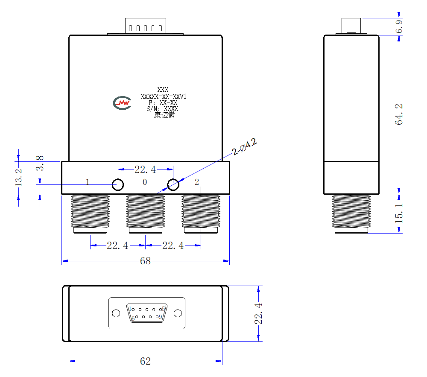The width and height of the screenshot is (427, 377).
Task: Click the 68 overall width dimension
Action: tap(146, 261)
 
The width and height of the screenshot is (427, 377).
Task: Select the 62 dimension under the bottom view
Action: tap(146, 361)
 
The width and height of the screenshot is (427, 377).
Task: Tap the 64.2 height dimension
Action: tap(399, 114)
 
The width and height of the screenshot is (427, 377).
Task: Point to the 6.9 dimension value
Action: tap(399, 26)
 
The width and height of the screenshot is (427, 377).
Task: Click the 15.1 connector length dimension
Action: tap(399, 213)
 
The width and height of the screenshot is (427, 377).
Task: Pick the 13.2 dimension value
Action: tap(18, 178)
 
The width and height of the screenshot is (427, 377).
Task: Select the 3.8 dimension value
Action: tap(40, 163)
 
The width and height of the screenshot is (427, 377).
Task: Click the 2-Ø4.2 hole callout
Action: tap(245, 146)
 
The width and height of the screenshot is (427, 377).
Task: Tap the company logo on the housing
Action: tap(122, 103)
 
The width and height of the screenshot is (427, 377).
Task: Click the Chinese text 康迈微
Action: tap(164, 115)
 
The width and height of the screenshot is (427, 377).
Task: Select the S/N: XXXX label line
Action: tap(162, 109)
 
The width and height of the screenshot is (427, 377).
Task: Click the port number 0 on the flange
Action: tap(145, 182)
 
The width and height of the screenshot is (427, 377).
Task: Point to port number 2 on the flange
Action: tap(197, 182)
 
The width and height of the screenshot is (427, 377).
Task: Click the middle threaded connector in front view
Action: tap(146, 213)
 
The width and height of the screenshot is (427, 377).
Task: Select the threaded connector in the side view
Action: tap(351, 213)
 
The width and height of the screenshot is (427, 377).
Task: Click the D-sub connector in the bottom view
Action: tap(147, 313)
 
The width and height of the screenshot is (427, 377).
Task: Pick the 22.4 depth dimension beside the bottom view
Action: tap(258, 313)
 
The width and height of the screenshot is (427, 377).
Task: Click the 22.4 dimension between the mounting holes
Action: tap(146, 170)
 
